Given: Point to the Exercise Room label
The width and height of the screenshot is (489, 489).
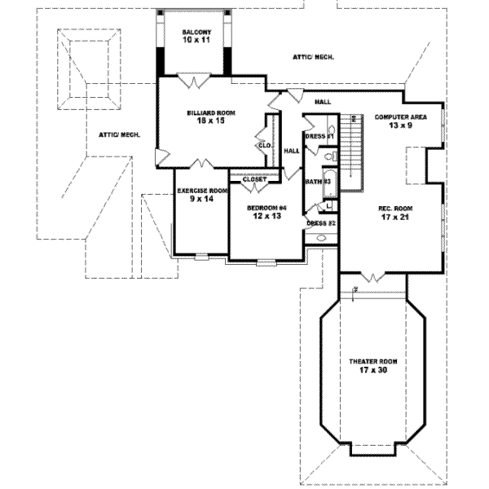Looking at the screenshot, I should pos(200,190).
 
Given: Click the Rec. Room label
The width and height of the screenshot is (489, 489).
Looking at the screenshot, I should pos(395,209).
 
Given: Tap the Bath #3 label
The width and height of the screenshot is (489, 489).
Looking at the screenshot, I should pos(317,181).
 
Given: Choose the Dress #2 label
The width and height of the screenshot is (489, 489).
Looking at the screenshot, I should pos(320,222).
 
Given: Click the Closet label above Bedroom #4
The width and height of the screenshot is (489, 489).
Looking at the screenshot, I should pos(254,178).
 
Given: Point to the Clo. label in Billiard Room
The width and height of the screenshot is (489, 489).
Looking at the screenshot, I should pos(264,145).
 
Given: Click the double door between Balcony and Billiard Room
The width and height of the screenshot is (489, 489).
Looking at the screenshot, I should pos(196,80).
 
